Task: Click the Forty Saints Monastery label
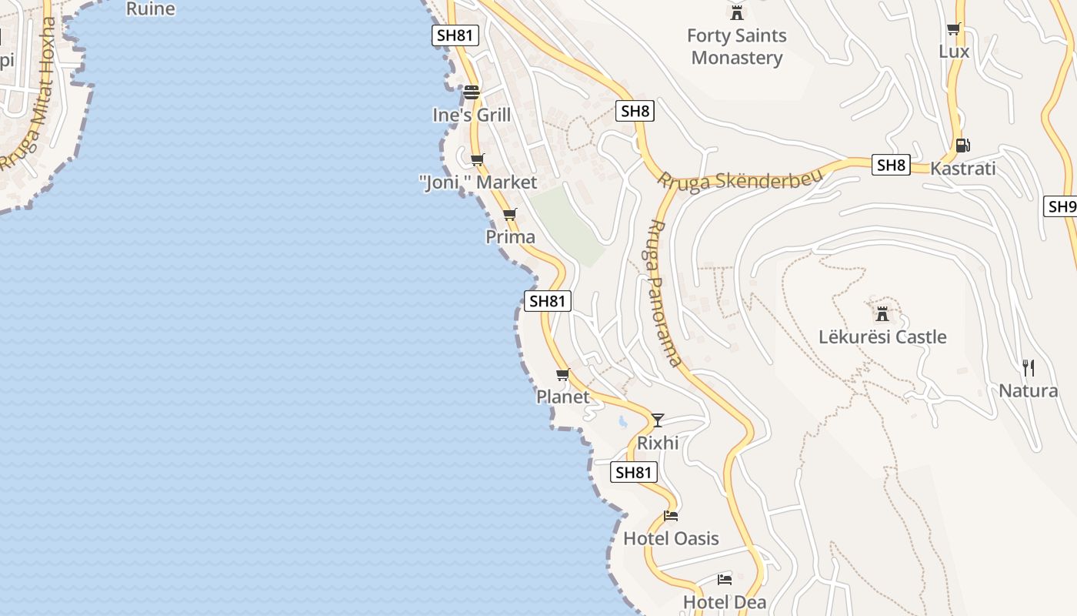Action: click(x=736, y=46)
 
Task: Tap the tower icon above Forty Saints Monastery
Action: click(x=737, y=12)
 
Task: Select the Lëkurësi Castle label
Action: click(x=882, y=336)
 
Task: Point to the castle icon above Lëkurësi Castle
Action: click(x=882, y=313)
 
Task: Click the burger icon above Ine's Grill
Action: click(x=472, y=93)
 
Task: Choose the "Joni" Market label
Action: click(x=478, y=182)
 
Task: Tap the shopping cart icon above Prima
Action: click(x=510, y=214)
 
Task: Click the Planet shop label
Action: click(x=562, y=397)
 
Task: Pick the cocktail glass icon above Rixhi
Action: click(x=657, y=420)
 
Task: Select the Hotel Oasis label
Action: click(x=671, y=538)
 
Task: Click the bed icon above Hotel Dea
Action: click(x=724, y=579)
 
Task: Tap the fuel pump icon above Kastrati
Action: click(x=962, y=145)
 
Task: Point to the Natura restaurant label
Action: click(x=1028, y=390)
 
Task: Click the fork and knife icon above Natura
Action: click(x=1028, y=367)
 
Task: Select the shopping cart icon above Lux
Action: click(x=954, y=29)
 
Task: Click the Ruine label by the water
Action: click(x=150, y=9)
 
